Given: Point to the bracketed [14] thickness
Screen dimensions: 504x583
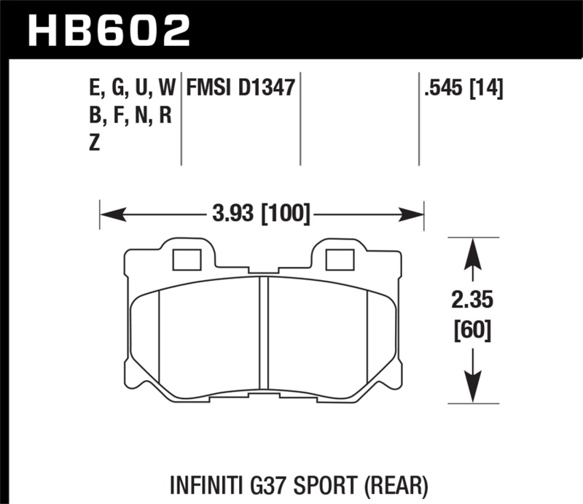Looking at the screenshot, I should point(488,89).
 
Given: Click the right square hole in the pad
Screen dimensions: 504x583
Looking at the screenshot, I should point(338,260).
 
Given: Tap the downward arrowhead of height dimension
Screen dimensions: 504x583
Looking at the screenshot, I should point(472,389).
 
